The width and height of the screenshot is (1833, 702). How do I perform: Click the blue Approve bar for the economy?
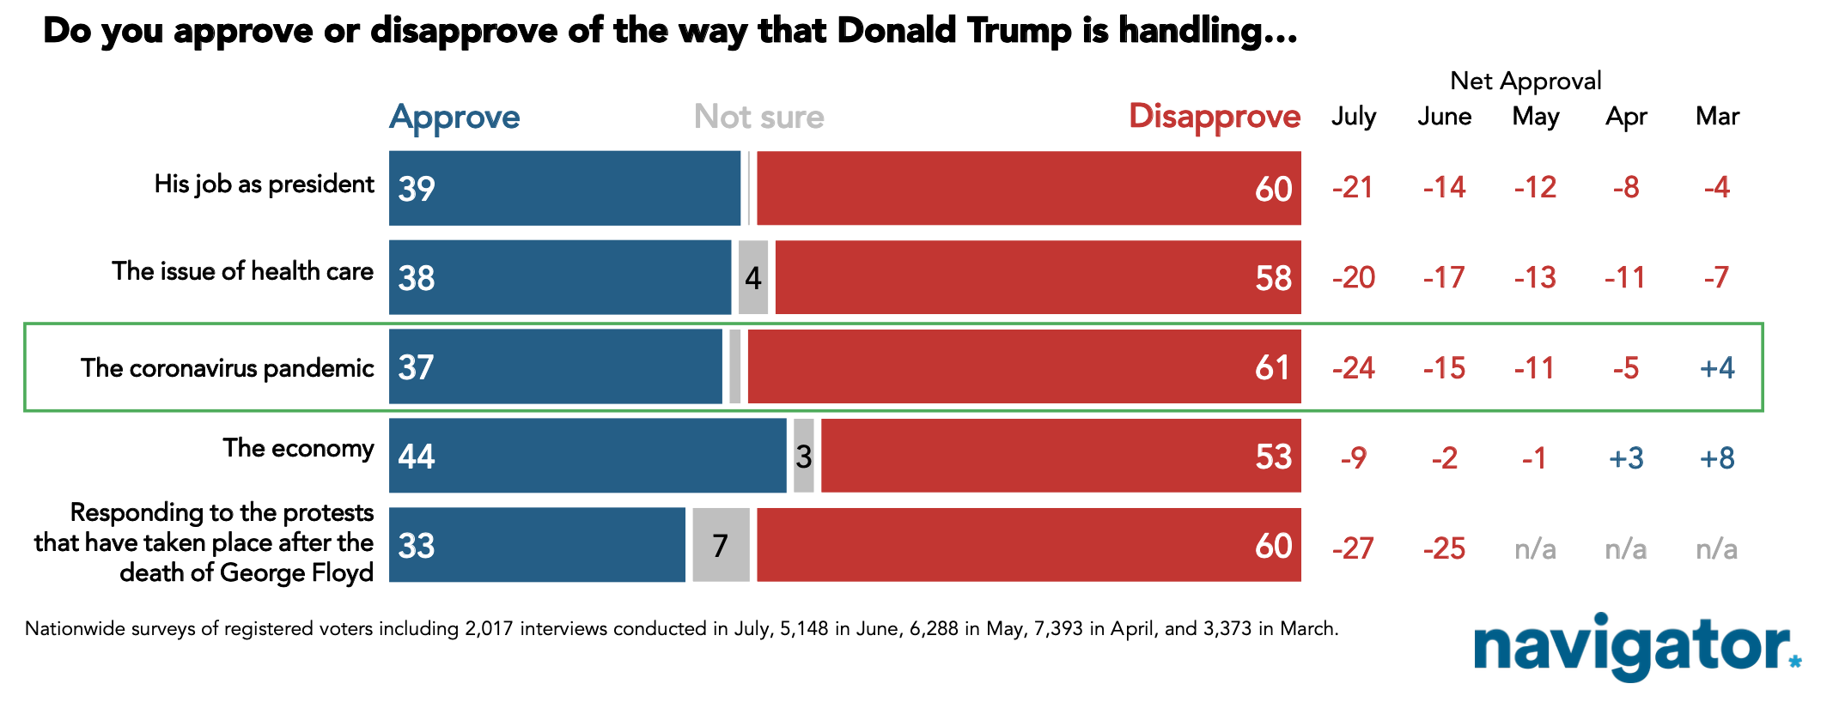pyautogui.click(x=588, y=456)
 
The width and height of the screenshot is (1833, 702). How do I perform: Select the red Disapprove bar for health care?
pyautogui.click(x=1038, y=277)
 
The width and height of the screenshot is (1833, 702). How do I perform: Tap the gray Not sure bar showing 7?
pyautogui.click(x=721, y=545)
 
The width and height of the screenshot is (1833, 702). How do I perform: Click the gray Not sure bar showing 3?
pyautogui.click(x=803, y=456)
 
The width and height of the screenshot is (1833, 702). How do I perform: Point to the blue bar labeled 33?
pyautogui.click(x=537, y=545)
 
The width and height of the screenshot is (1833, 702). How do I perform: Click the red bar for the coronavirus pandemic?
pyautogui.click(x=1024, y=366)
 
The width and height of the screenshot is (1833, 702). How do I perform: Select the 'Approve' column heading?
pyautogui.click(x=454, y=117)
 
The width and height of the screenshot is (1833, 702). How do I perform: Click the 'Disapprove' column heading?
pyautogui.click(x=1215, y=116)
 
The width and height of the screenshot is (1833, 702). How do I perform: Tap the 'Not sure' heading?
pyautogui.click(x=758, y=116)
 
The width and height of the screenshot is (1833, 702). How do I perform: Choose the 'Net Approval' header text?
pyautogui.click(x=1525, y=81)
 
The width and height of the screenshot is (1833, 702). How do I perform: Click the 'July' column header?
pyautogui.click(x=1354, y=117)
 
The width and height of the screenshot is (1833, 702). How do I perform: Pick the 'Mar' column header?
pyautogui.click(x=1717, y=116)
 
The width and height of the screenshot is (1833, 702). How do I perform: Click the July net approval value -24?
pyautogui.click(x=1354, y=368)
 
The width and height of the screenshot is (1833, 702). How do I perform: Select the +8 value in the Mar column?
pyautogui.click(x=1717, y=457)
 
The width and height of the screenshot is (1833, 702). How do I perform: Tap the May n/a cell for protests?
pyautogui.click(x=1535, y=548)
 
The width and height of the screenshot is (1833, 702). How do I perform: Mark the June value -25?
pyautogui.click(x=1444, y=548)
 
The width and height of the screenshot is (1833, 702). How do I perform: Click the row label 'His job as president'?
pyautogui.click(x=265, y=185)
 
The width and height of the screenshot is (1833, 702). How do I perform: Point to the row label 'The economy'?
pyautogui.click(x=298, y=448)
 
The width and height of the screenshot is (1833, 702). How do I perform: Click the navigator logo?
pyautogui.click(x=1637, y=645)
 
